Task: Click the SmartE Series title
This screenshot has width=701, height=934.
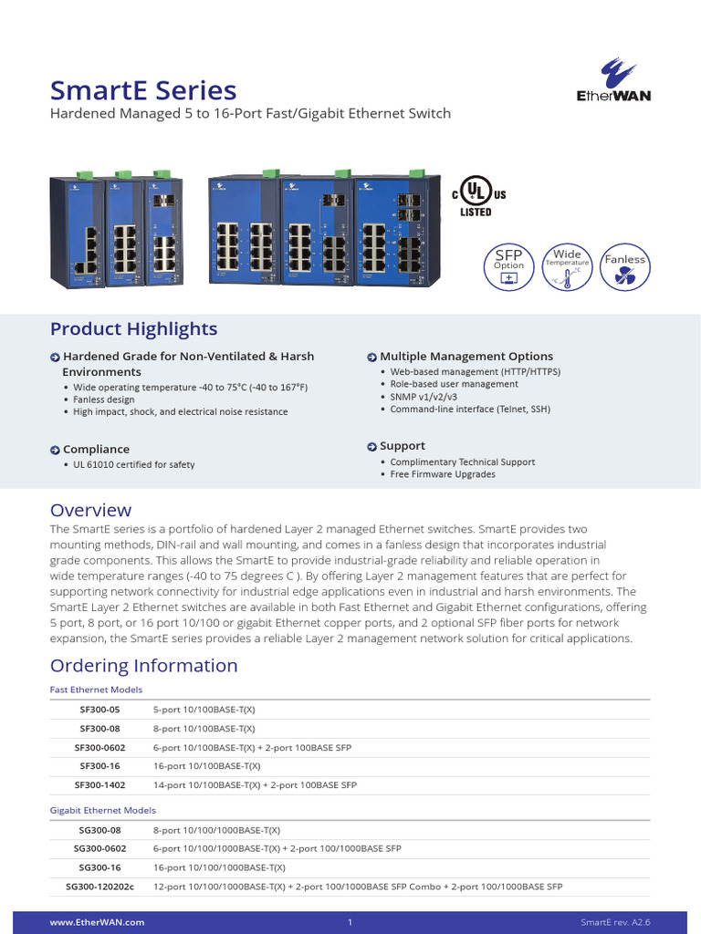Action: tap(143, 90)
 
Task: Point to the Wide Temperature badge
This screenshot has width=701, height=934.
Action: tap(567, 265)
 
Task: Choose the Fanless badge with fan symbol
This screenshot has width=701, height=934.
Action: tap(625, 265)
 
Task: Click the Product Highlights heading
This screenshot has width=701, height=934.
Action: tap(133, 329)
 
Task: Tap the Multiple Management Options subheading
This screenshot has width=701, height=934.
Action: tap(466, 357)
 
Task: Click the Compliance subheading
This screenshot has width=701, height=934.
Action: tap(96, 450)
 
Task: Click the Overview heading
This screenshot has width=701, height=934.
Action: tap(90, 510)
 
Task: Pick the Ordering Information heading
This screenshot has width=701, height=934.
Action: tap(143, 666)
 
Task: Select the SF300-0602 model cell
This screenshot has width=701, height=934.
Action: tap(99, 748)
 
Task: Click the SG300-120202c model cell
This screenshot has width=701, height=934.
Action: tap(99, 887)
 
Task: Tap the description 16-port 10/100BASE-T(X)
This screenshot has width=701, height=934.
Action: tap(206, 766)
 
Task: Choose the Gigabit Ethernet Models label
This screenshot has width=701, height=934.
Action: tap(102, 810)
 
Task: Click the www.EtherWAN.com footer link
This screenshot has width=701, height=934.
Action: tap(97, 923)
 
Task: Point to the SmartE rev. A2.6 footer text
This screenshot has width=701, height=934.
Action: tap(615, 923)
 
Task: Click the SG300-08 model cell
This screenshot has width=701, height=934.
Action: tap(99, 831)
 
